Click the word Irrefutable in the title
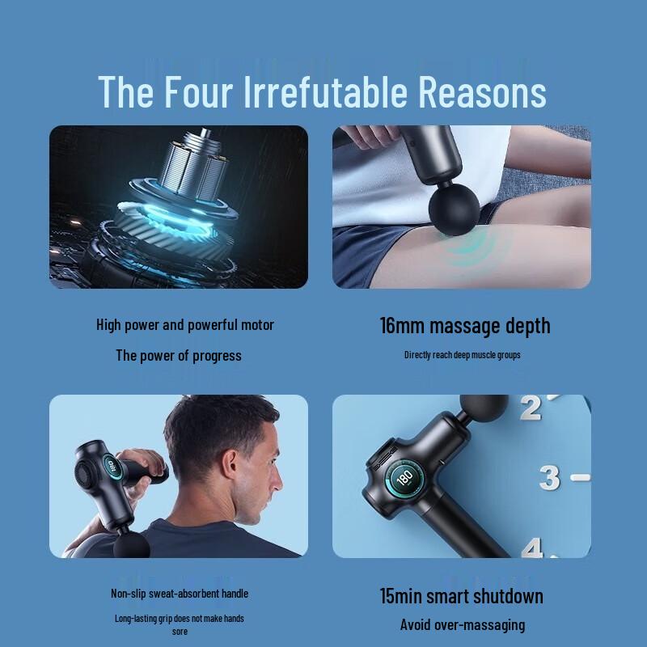(x=329, y=91)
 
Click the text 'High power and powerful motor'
(x=185, y=325)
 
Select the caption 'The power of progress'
(x=179, y=355)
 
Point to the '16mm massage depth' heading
(x=465, y=326)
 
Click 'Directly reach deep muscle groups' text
(x=463, y=355)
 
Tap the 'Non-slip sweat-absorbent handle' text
(x=180, y=594)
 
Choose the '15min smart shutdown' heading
(x=462, y=597)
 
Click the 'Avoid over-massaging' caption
(x=463, y=624)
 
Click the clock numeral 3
(x=550, y=478)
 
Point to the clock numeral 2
(x=531, y=408)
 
